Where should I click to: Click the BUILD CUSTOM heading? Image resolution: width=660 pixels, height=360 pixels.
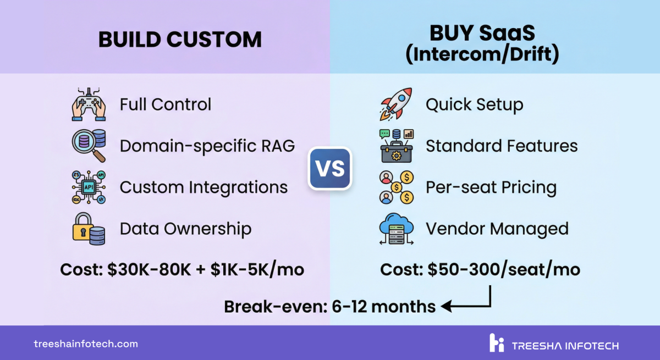coord(180,40)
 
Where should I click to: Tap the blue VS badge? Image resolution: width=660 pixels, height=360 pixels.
coord(329,168)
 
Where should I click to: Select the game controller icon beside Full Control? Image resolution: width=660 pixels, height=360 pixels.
coord(89,104)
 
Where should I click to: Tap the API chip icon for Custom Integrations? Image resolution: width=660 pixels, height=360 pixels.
coord(89,187)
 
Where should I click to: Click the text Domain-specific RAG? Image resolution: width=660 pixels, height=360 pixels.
coord(207,146)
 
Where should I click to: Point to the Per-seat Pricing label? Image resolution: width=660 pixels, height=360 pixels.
coord(491,187)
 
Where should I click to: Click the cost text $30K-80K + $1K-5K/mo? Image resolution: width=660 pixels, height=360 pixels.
coord(182,270)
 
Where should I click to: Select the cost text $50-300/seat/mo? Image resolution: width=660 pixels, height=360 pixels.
coord(480,270)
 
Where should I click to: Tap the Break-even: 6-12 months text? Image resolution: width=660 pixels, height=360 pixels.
coord(330,306)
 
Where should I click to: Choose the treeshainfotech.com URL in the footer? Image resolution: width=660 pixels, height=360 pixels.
coord(86,344)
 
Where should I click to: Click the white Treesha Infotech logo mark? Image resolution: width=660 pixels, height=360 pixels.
coord(497,342)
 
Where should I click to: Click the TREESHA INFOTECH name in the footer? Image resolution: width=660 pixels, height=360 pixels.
coord(565,346)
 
